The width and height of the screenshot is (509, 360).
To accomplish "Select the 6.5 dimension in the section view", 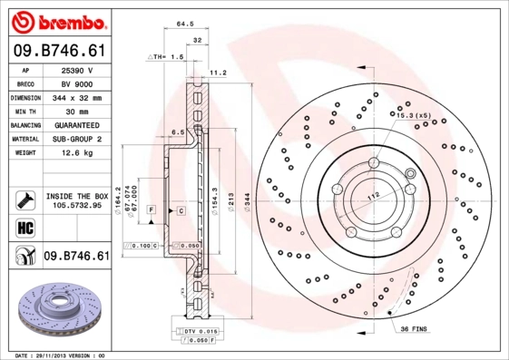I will pos(178,131).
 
